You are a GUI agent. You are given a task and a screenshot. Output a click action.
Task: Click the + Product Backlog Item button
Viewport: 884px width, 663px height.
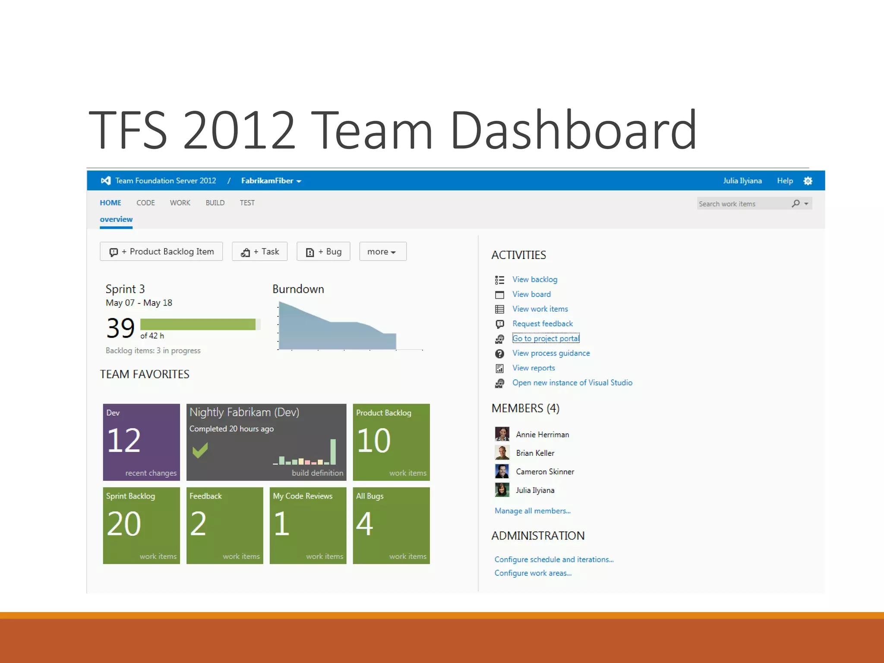click(x=161, y=251)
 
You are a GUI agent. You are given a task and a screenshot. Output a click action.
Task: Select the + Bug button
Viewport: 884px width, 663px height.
click(x=323, y=251)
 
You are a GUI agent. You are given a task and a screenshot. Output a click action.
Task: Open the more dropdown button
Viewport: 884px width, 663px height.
click(x=382, y=251)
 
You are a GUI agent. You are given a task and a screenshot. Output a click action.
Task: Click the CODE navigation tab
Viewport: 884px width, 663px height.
click(x=145, y=202)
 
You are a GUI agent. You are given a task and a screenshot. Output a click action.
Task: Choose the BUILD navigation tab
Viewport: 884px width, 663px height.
click(x=215, y=202)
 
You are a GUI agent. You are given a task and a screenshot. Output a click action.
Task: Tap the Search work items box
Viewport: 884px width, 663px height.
click(x=742, y=204)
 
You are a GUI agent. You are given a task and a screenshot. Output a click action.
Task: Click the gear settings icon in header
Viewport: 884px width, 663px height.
click(x=808, y=181)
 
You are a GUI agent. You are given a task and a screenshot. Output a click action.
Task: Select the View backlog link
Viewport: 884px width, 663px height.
click(x=534, y=279)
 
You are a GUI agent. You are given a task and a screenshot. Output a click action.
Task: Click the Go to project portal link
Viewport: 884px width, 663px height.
click(x=546, y=338)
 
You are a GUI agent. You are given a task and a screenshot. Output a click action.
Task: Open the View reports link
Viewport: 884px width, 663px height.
click(x=534, y=368)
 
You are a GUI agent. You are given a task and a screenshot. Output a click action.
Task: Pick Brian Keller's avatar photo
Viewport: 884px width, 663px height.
click(x=502, y=453)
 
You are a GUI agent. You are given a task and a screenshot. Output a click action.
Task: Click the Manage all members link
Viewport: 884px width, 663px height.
click(x=532, y=511)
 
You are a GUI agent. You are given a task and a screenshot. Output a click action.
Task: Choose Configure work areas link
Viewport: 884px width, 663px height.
click(x=533, y=573)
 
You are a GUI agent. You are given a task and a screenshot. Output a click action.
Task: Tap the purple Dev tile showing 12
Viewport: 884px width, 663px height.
click(x=141, y=442)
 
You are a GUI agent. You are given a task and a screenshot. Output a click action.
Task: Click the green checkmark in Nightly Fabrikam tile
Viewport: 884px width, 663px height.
click(x=200, y=450)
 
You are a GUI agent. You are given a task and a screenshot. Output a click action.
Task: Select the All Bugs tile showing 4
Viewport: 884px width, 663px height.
click(x=391, y=525)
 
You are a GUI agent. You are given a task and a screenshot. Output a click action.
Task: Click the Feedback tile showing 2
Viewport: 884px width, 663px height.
click(x=224, y=525)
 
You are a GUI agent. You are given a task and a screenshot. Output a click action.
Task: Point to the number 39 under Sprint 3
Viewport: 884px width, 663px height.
click(x=120, y=328)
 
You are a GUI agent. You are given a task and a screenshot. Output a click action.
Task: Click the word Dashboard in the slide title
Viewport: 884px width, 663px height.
click(x=573, y=130)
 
